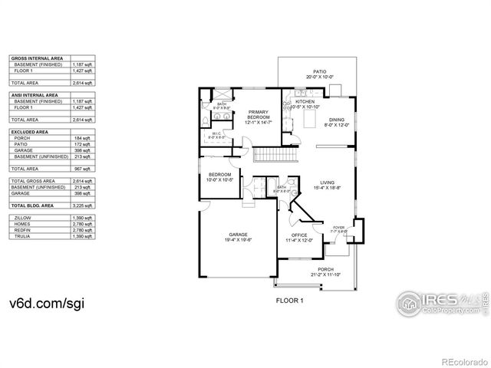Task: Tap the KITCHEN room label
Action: tap(305, 102)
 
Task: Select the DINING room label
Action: tap(337, 120)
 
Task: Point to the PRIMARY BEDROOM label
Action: tap(258, 114)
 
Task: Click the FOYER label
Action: tap(338, 227)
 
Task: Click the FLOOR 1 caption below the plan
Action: tap(290, 301)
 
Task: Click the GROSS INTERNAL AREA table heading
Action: tap(38, 58)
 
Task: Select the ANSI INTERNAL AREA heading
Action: tap(36, 94)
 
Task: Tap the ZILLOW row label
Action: tap(22, 219)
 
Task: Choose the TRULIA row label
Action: tap(22, 236)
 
